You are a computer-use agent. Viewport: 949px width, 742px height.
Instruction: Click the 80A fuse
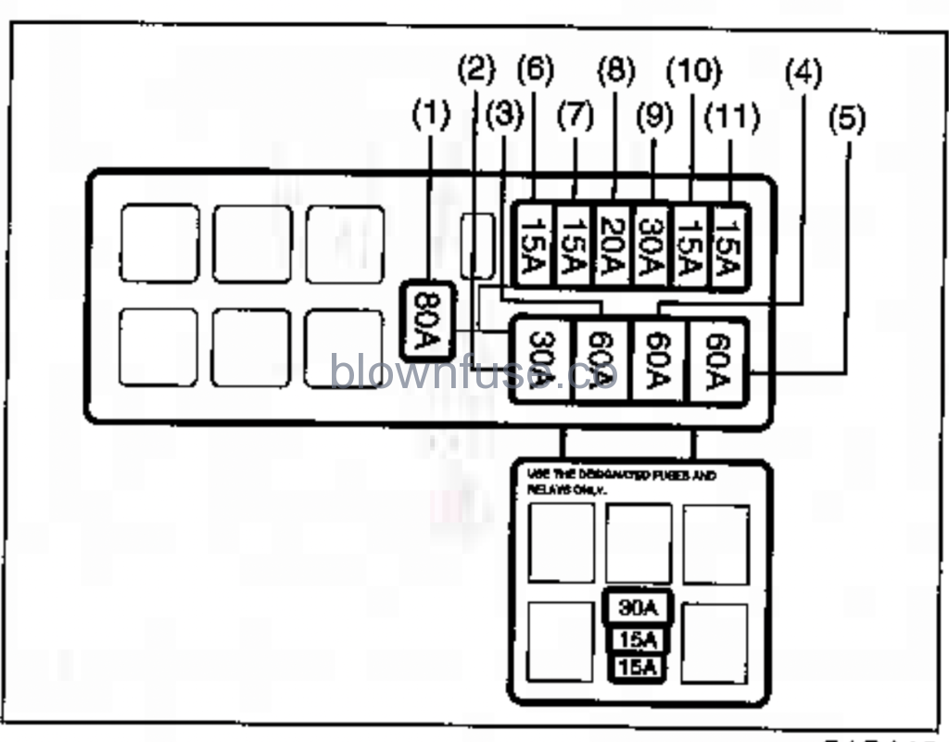click(x=426, y=320)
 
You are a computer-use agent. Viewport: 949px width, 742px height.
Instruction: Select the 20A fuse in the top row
click(x=613, y=245)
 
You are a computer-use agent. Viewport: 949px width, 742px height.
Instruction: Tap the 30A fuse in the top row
click(x=652, y=245)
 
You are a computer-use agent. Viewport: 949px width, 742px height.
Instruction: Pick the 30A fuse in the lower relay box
click(x=638, y=608)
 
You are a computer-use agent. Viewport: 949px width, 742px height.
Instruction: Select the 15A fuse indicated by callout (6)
click(x=535, y=245)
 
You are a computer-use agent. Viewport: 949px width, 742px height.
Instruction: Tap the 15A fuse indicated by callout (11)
click(x=728, y=245)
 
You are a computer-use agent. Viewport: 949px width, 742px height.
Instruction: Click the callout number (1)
click(x=431, y=116)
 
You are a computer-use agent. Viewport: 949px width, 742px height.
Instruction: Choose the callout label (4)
click(x=803, y=73)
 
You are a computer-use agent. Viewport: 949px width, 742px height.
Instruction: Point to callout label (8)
click(x=615, y=70)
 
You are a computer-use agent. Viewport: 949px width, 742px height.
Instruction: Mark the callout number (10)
click(x=693, y=70)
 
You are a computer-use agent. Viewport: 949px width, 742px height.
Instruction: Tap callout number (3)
click(x=505, y=116)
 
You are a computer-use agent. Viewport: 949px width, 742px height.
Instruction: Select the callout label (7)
click(x=575, y=117)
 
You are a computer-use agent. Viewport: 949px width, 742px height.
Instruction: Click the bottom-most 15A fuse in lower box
click(x=638, y=667)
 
